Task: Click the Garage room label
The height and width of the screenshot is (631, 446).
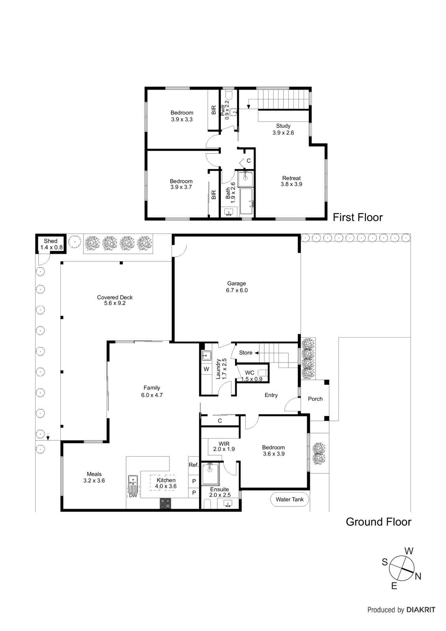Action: (237, 284)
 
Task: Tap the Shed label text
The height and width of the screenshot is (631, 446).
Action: (50, 241)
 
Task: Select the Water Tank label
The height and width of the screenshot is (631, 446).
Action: (289, 499)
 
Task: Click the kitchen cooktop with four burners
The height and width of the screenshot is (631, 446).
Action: (166, 503)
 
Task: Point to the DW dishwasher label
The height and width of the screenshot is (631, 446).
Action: (133, 495)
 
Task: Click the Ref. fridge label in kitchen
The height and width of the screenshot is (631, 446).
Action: (193, 465)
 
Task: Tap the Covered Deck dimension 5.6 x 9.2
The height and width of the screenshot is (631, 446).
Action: (115, 303)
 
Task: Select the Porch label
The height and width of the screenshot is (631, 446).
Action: (315, 399)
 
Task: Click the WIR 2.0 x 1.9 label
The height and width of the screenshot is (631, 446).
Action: (224, 446)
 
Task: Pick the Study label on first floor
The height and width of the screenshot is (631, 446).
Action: (283, 126)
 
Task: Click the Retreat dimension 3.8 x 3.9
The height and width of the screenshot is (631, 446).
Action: (291, 184)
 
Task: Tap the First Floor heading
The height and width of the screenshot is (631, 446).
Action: (358, 217)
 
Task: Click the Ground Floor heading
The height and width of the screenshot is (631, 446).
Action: (378, 522)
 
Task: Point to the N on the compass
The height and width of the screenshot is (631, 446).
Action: (418, 576)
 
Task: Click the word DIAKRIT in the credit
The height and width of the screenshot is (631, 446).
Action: (421, 610)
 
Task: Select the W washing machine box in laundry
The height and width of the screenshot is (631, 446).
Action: (206, 369)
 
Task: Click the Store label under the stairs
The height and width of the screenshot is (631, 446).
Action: (246, 353)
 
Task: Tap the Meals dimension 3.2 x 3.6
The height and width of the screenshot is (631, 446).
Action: (94, 481)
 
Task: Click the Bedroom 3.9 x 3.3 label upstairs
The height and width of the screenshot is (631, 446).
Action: (182, 116)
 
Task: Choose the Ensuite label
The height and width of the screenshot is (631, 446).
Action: (219, 489)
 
